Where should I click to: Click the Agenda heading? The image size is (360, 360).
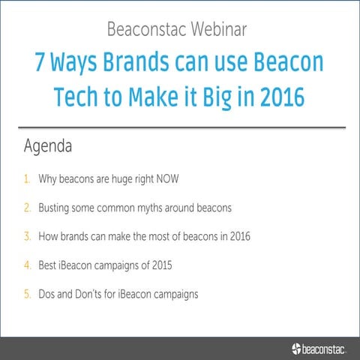coord(48,146)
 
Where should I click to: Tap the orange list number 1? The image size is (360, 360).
coord(27,179)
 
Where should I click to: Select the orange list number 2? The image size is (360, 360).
coord(27,208)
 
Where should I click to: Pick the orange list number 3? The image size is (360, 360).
coord(27,236)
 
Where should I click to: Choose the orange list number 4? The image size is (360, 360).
coord(27,265)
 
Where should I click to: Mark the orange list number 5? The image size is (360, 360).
coord(27,293)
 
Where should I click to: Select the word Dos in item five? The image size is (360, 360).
coord(48,293)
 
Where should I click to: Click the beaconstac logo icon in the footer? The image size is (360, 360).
coord(297,347)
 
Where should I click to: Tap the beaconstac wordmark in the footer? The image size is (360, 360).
coord(328,348)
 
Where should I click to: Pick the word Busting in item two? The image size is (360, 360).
coord(55,208)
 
